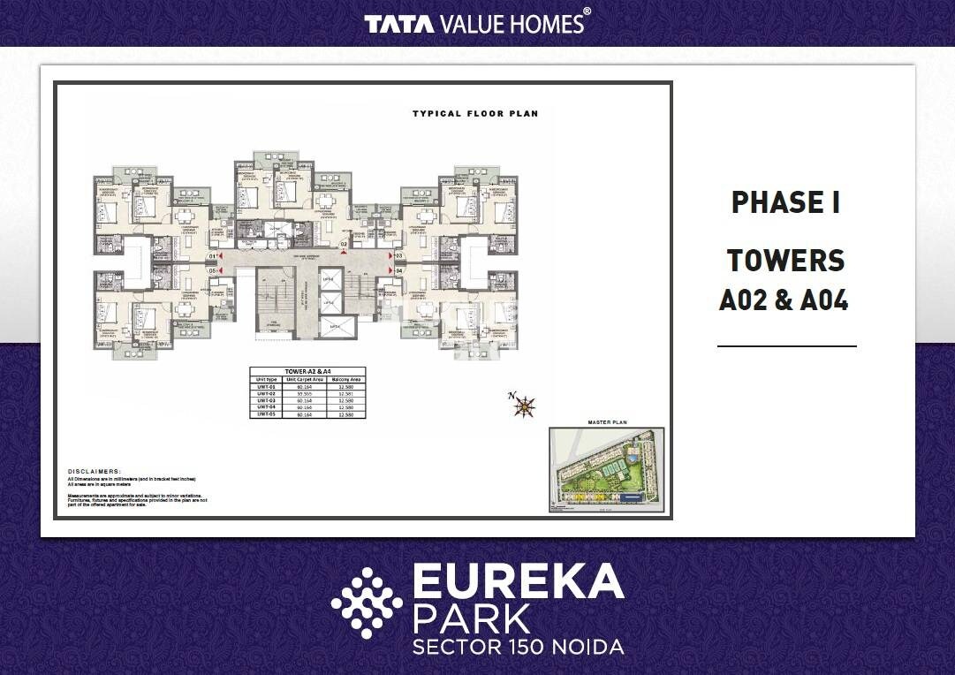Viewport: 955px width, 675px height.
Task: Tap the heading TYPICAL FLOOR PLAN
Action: (x=475, y=114)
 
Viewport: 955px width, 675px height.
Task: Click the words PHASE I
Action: (x=785, y=203)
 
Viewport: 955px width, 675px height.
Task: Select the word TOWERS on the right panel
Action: (x=785, y=261)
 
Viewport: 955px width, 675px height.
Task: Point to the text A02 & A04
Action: (x=784, y=300)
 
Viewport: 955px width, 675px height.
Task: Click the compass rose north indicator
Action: (x=525, y=406)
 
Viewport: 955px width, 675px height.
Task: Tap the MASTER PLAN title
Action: (x=606, y=423)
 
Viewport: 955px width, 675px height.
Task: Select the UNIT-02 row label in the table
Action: (x=267, y=393)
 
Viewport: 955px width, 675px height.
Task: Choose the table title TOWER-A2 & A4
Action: (x=307, y=372)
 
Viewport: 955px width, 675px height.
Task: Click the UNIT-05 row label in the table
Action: (x=267, y=413)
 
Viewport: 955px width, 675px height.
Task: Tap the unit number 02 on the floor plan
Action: (x=345, y=244)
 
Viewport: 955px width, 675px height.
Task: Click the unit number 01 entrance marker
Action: (x=212, y=257)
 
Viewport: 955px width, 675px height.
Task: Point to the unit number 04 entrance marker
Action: (x=399, y=270)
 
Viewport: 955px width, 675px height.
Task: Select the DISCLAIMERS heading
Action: (x=95, y=472)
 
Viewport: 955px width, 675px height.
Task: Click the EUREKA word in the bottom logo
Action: (x=518, y=583)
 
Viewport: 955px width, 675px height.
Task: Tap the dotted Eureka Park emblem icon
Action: (x=366, y=603)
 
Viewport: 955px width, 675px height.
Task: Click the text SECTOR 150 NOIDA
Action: (x=518, y=647)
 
